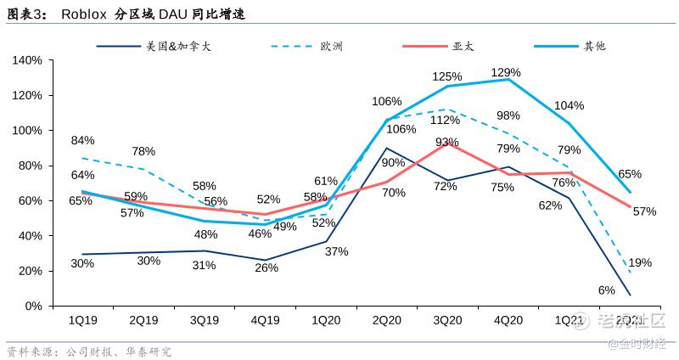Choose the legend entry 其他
(594, 46)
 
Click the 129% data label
(508, 73)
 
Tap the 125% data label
(447, 76)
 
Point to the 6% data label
(606, 290)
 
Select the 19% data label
(641, 263)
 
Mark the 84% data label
(82, 140)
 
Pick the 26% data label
(265, 268)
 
